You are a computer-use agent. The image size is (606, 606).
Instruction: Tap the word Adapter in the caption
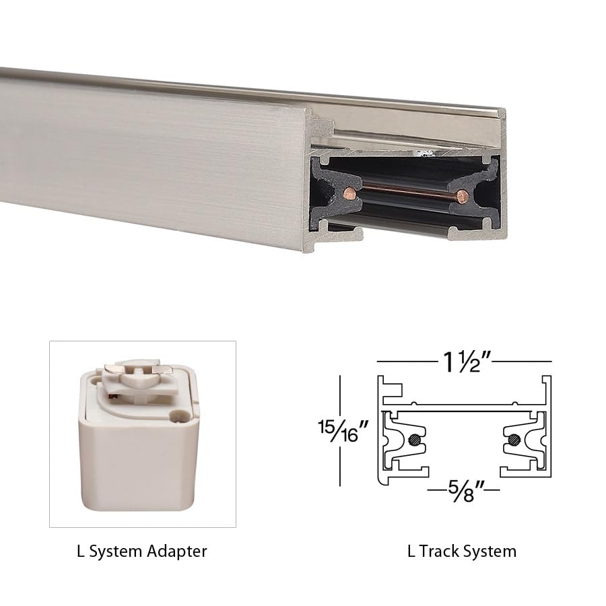coord(176,551)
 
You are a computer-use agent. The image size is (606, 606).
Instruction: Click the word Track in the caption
coord(440,551)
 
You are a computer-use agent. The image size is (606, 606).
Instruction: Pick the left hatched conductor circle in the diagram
coord(414,441)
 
